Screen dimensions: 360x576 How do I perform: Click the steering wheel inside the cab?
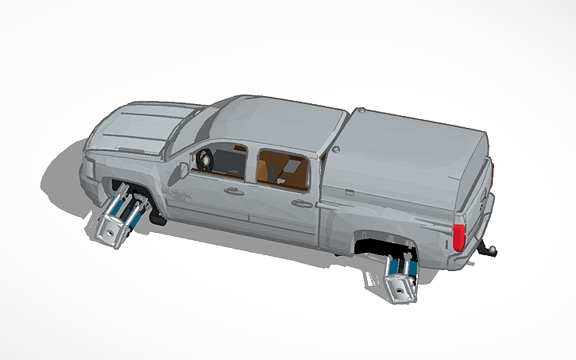click(205, 160)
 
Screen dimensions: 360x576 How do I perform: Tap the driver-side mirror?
click(184, 170)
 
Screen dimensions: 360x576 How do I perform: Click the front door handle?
click(234, 191)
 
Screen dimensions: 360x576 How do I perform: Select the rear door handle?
click(301, 203)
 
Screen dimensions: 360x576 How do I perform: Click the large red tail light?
click(458, 238)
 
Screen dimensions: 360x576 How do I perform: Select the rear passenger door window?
click(282, 168)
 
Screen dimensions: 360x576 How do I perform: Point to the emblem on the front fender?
click(179, 193)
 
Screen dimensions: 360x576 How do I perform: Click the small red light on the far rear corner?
click(493, 168)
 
